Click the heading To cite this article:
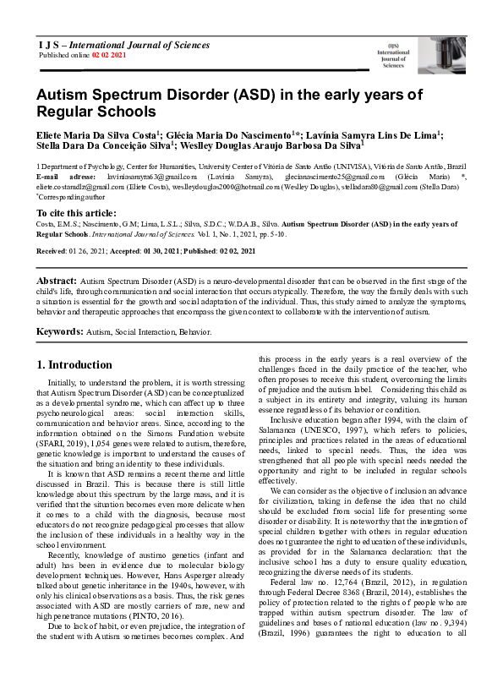(76, 212)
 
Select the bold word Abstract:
(57, 280)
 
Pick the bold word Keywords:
(60, 332)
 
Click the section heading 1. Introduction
(74, 365)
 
